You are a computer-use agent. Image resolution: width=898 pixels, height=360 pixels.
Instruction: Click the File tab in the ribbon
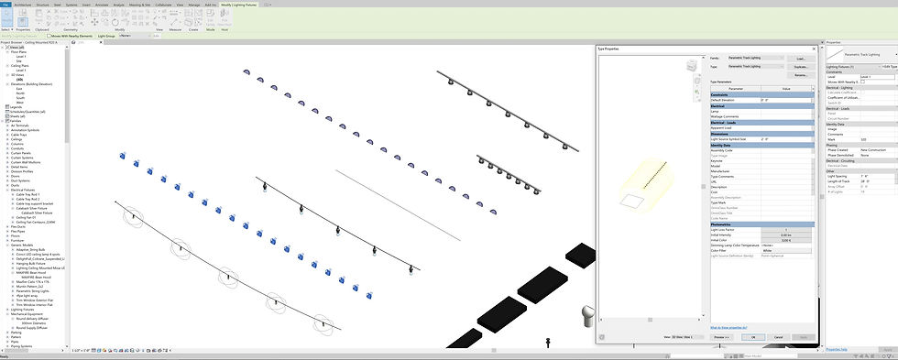coord(5,5)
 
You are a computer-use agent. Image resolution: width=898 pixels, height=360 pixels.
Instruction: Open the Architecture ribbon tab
coord(23,5)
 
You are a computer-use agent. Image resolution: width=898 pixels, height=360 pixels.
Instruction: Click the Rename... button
coord(799,75)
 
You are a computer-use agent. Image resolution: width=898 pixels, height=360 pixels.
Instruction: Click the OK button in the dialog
coord(752,337)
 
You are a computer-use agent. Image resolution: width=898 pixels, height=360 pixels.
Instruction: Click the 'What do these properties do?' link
coord(729,327)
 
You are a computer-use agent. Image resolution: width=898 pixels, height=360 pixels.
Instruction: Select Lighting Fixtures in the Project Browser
coord(25,310)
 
